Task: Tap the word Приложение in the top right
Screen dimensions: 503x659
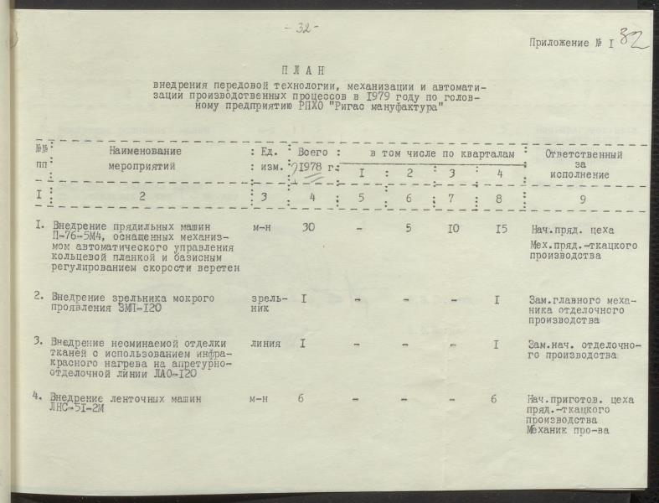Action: pos(564,44)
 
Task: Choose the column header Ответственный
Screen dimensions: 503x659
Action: pos(584,155)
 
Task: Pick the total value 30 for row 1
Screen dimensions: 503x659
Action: pos(308,227)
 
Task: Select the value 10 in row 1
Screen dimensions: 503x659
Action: pos(453,228)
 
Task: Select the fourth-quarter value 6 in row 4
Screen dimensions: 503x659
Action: pos(494,399)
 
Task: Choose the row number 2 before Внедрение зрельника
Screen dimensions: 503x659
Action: pos(39,297)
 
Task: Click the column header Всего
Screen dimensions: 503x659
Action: pos(312,153)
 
